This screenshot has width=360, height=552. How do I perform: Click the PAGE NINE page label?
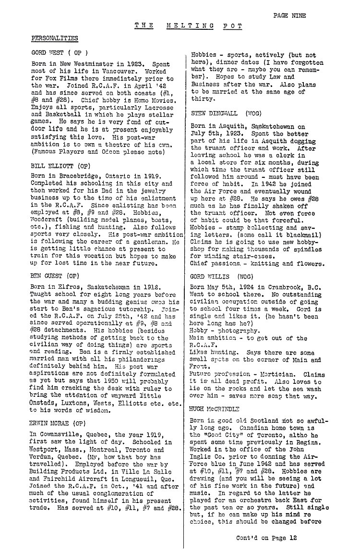[289, 15]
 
